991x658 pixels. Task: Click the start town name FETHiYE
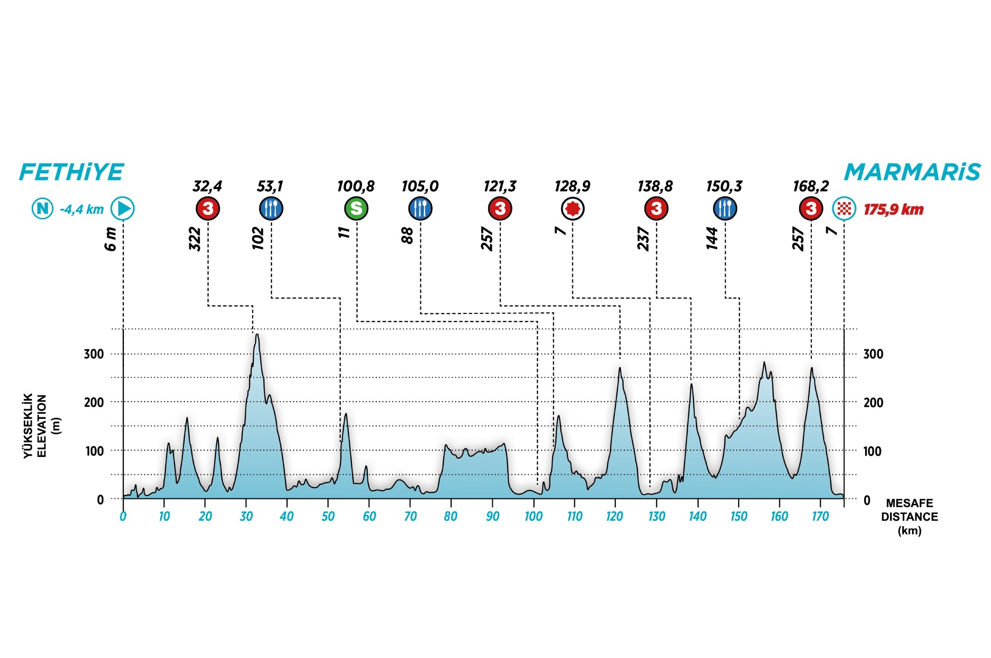click(72, 172)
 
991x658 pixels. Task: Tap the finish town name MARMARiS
click(912, 172)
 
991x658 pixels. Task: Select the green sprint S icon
click(356, 209)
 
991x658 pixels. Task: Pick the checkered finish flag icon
click(844, 209)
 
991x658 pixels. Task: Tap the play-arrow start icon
click(122, 209)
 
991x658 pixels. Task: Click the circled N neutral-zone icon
click(42, 209)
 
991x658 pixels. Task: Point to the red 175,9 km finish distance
click(893, 210)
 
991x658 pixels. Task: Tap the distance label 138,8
click(655, 186)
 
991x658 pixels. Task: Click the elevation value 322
click(195, 239)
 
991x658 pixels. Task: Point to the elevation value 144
click(712, 238)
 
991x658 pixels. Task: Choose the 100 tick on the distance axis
click(533, 516)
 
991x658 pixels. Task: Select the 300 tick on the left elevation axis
click(94, 354)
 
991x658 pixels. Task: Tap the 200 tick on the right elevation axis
click(873, 403)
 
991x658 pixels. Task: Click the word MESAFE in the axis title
click(910, 503)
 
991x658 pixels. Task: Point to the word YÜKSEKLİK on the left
click(29, 426)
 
